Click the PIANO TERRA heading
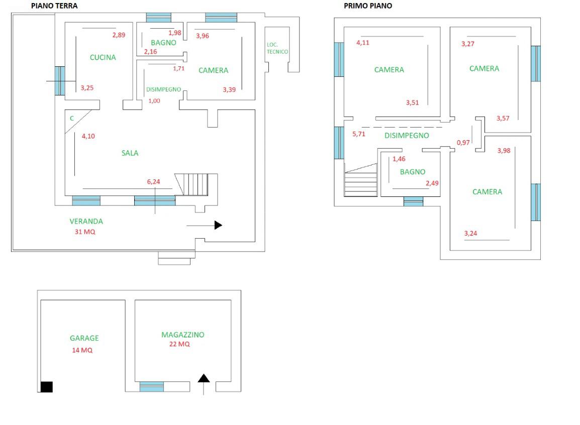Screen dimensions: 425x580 coord(54,6)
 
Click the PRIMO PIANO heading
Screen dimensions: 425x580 coord(368,6)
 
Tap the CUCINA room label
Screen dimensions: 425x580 coord(103,57)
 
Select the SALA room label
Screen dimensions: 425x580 coord(130,153)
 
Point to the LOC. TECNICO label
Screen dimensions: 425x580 coord(277,48)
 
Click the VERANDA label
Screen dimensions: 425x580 coord(86,221)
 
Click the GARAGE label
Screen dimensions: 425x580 coord(84,338)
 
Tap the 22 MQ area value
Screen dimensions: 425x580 coord(180,344)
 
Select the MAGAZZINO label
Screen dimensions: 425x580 coord(183,335)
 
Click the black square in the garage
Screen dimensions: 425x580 coord(47,386)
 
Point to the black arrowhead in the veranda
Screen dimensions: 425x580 coord(218,226)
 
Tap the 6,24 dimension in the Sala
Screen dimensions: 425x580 coord(153,182)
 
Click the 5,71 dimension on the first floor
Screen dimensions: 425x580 coord(359,134)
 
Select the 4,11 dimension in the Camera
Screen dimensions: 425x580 coord(362,43)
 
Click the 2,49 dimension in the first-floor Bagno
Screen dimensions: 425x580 coord(432,183)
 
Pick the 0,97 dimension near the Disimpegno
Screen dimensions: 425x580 coord(463,143)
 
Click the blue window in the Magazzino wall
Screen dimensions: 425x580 coord(152,387)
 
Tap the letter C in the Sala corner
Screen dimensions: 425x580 coord(72,119)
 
